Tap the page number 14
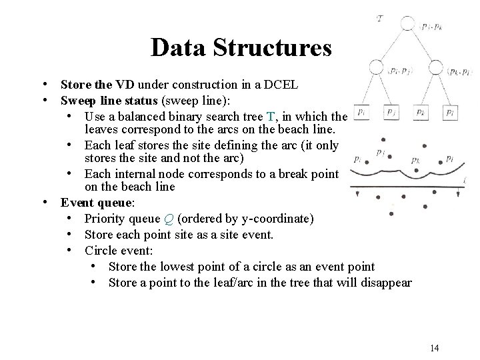coord(435,347)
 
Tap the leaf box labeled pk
coord(419,113)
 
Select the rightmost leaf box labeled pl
coord(451,113)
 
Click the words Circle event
coord(117,251)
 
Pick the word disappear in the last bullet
coord(387,283)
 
